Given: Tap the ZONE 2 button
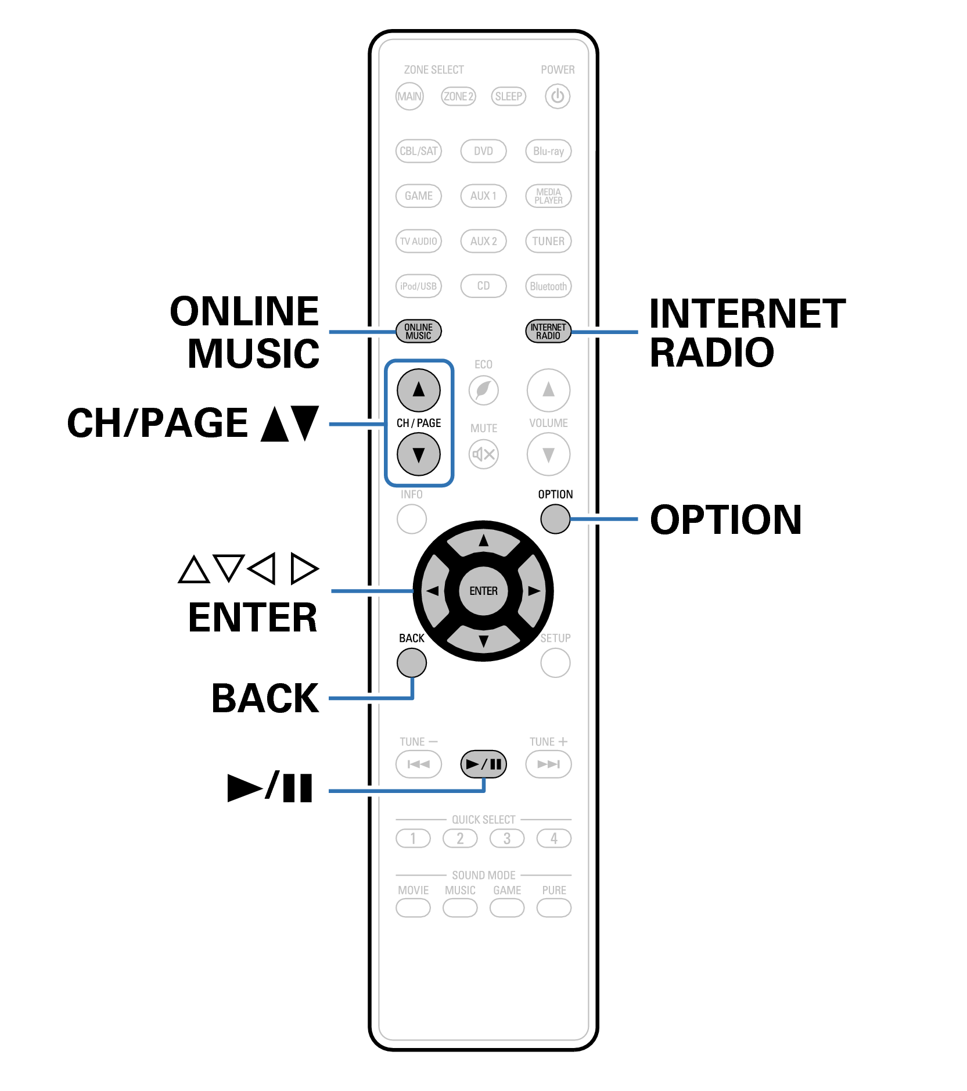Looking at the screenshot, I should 458,96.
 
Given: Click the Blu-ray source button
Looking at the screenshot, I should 548,151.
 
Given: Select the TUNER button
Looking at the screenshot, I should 548,241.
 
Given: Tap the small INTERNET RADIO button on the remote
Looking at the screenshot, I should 548,331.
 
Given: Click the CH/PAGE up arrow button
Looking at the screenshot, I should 418,390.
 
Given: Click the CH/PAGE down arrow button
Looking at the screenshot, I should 418,454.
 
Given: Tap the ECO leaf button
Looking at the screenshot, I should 483,390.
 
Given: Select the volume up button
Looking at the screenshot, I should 548,390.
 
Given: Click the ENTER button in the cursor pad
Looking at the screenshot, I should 483,591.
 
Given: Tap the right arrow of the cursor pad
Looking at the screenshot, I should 533,591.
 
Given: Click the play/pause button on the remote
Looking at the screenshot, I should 483,764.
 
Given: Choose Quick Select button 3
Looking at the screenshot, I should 506,838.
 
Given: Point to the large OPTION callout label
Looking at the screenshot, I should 725,519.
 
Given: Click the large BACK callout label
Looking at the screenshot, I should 265,698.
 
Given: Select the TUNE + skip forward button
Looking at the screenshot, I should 548,764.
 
